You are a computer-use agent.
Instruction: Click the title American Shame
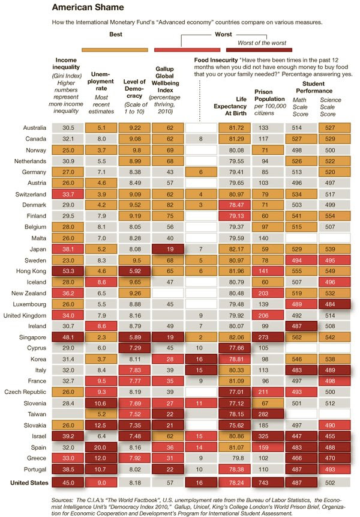(x=88, y=7)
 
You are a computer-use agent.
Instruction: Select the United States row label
(x=29, y=483)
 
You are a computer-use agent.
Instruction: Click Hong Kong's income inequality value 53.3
(x=68, y=271)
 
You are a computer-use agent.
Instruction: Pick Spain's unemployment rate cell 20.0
(x=101, y=447)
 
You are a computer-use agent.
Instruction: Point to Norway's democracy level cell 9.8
(x=135, y=150)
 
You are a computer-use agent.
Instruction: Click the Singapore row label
(x=32, y=337)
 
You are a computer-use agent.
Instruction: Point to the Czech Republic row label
(x=25, y=392)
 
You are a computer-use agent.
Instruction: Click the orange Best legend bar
(x=115, y=50)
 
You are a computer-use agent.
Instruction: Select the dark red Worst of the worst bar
(x=259, y=50)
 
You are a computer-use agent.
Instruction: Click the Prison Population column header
(x=270, y=102)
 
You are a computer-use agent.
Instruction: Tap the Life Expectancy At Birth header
(x=230, y=106)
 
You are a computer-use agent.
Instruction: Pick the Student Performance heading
(x=314, y=88)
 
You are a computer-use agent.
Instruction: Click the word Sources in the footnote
(x=62, y=500)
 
